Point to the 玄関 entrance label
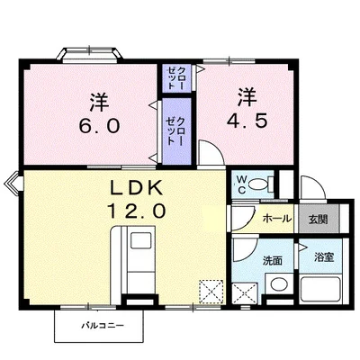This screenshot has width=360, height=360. pos(317,219)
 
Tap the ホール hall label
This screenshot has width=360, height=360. pos(275,219)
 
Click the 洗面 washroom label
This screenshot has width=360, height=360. pos(273,260)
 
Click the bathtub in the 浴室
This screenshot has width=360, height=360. pos(322,290)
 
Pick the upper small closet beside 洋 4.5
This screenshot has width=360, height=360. pos(174,77)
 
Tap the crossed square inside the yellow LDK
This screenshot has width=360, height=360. pos(211,291)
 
